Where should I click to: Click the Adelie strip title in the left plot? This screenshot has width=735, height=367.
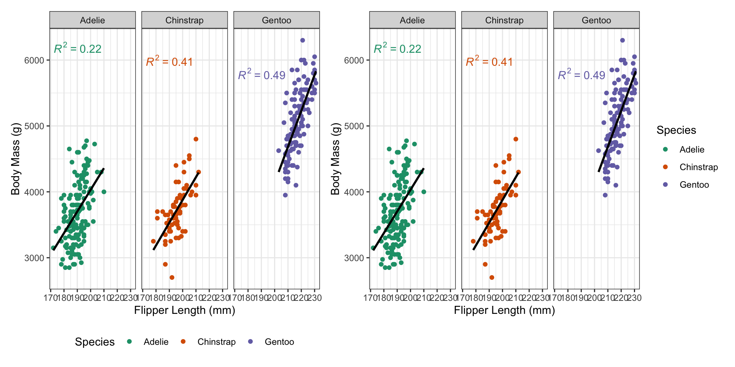pos(92,20)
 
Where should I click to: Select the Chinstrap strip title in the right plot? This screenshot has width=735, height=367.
pos(504,20)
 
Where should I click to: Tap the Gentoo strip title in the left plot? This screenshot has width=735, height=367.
pos(276,20)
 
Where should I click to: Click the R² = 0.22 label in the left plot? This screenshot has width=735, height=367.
pos(78,49)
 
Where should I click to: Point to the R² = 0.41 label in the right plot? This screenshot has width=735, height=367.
pos(489,62)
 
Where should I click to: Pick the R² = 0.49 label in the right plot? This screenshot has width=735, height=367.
pos(581,75)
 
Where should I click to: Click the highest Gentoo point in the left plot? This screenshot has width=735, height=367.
pos(302,40)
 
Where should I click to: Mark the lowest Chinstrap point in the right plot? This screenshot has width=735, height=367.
pos(492,278)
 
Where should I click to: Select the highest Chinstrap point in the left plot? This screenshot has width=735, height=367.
pos(196,139)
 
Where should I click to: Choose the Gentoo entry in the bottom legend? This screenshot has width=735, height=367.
pos(279,342)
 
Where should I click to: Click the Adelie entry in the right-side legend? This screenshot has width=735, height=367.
pos(691,149)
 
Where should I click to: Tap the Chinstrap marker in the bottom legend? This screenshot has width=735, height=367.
pos(183,341)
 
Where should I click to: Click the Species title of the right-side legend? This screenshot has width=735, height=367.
pos(676,130)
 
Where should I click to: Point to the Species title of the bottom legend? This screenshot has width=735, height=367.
pos(95,342)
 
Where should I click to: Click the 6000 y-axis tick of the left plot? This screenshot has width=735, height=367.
pos(34,60)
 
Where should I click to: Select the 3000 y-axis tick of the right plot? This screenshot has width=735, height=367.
pos(354,258)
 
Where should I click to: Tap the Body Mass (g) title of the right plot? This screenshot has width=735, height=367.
pos(335,159)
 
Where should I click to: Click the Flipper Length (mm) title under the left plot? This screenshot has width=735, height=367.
pos(185,310)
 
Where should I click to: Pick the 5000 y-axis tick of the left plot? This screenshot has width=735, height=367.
pos(34,126)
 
